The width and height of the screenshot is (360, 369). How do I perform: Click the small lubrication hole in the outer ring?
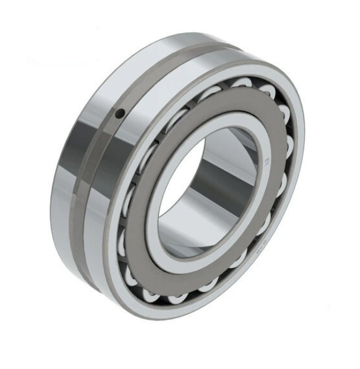[x=120, y=113]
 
